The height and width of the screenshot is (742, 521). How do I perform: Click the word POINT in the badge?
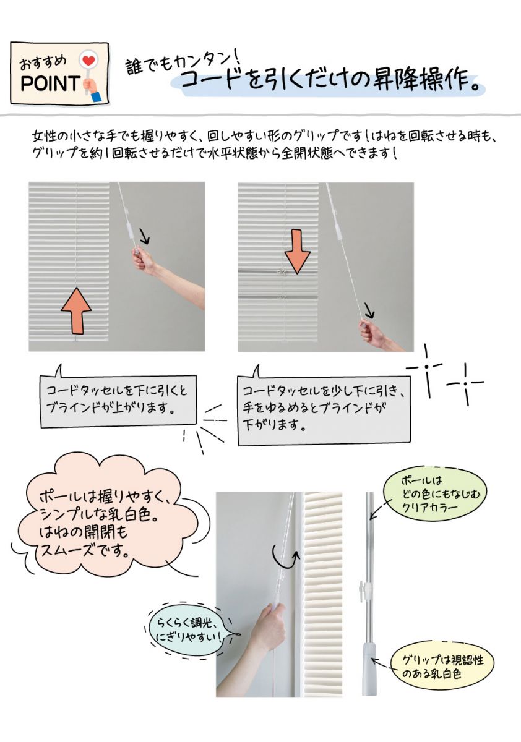tap(50, 83)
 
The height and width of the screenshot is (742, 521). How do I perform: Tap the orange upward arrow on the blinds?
tap(76, 310)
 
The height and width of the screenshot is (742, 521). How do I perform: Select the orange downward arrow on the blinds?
tap(297, 251)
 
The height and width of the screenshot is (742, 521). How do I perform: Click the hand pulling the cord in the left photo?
tap(143, 262)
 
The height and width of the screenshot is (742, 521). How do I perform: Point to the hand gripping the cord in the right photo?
tap(372, 333)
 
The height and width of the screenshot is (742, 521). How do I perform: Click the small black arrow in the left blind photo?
tap(145, 237)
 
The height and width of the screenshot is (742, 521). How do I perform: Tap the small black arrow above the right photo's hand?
tap(369, 310)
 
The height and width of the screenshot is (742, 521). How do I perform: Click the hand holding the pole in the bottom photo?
tap(268, 625)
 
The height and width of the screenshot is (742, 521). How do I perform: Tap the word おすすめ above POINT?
tap(43, 62)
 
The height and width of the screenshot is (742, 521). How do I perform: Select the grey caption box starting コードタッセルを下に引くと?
tap(118, 401)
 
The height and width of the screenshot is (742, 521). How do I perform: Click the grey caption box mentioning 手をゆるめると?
tap(324, 410)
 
